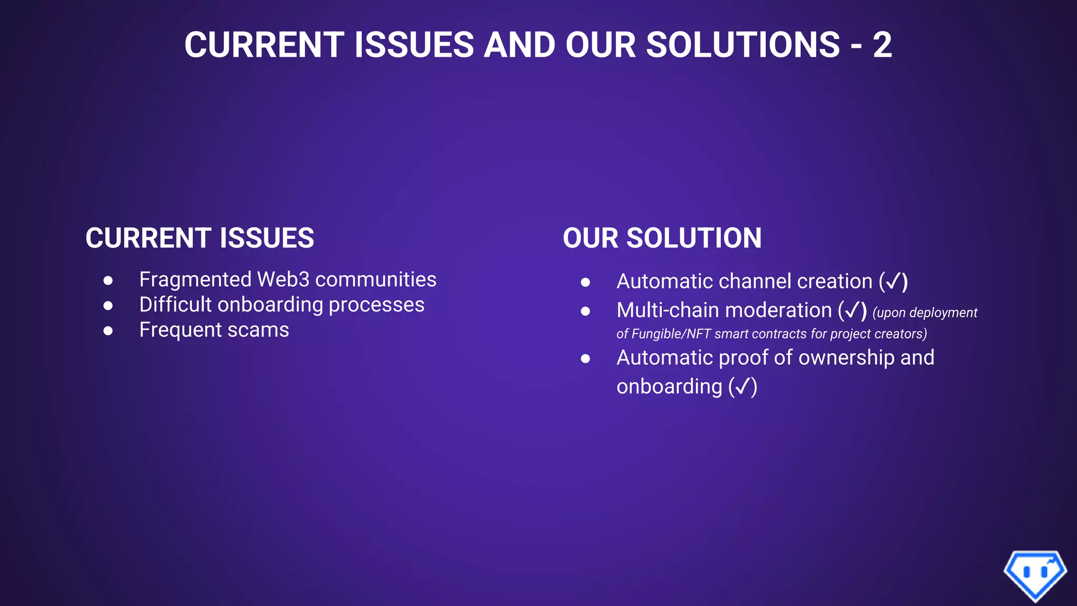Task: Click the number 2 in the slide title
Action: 882,45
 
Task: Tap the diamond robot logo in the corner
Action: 1035,574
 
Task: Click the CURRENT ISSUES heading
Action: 200,238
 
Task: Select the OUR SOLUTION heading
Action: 662,238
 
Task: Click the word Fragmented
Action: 195,280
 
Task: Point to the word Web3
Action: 283,280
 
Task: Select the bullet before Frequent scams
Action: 108,331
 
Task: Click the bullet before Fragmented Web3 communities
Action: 108,280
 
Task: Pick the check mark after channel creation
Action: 893,282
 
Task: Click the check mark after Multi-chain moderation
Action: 852,311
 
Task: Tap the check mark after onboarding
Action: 743,387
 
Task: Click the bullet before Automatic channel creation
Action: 585,282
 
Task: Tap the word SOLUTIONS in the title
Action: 743,45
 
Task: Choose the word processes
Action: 376,305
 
